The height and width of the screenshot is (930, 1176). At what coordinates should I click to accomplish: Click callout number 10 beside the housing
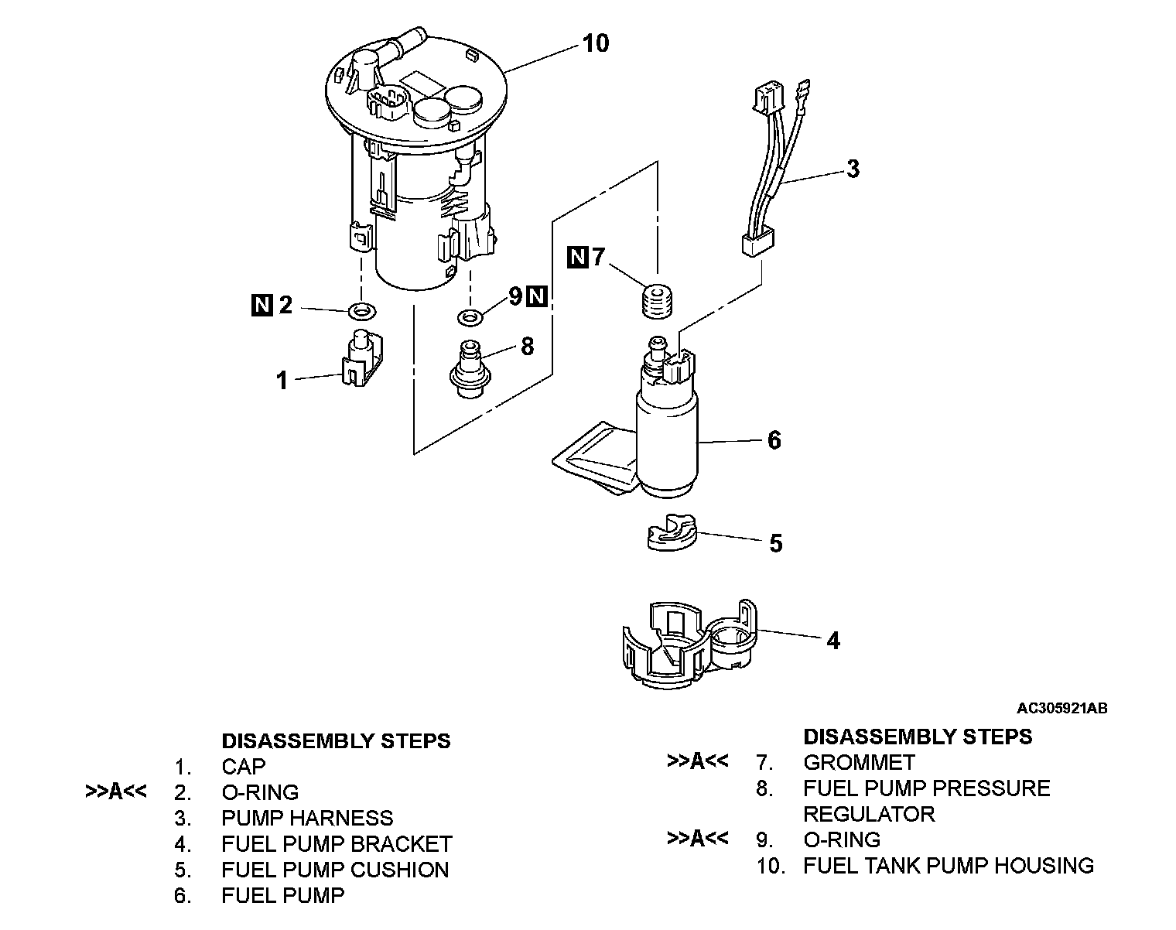[596, 43]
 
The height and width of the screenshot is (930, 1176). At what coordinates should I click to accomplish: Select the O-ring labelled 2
[361, 312]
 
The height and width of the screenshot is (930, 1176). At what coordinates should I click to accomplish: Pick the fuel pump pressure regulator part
[469, 371]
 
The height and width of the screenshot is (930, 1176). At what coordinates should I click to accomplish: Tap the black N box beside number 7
[577, 257]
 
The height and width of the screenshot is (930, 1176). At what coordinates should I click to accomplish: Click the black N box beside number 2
[262, 306]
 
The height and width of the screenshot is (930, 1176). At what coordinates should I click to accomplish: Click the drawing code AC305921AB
[1061, 708]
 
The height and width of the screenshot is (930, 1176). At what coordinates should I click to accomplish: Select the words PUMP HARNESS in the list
[307, 818]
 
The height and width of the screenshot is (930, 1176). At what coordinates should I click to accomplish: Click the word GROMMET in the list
[859, 762]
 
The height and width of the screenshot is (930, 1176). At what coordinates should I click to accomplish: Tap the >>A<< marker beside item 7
[697, 761]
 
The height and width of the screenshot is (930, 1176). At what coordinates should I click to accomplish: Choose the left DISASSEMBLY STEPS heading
[336, 740]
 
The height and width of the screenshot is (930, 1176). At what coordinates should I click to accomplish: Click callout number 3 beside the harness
[853, 169]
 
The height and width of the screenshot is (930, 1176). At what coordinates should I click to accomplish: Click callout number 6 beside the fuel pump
[774, 440]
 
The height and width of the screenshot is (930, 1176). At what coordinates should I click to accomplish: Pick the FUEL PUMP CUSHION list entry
[335, 870]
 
